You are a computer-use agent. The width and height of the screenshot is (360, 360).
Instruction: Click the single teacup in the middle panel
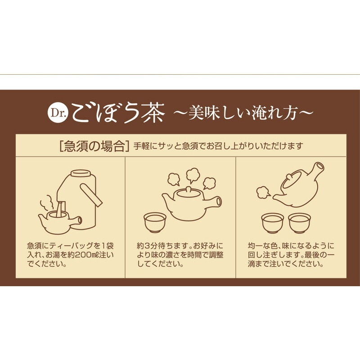[154, 221]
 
